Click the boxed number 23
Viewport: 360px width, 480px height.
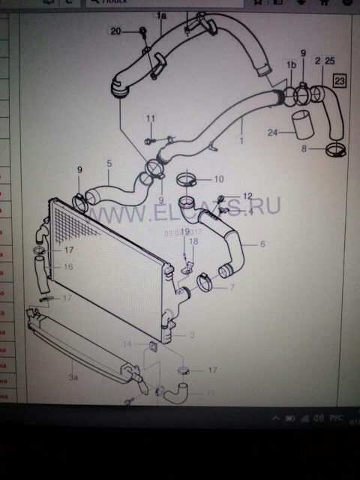coord(340,79)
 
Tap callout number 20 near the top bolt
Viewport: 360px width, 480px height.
coord(115,31)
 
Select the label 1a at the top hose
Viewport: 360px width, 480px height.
coord(161,15)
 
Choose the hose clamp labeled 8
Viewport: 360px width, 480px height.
coord(335,151)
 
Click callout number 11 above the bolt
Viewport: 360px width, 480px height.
coord(151,118)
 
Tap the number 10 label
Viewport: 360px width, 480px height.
coord(218,179)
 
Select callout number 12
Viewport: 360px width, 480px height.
coord(248,196)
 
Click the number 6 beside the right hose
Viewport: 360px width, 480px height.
coord(262,244)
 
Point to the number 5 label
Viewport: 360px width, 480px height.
coord(109,163)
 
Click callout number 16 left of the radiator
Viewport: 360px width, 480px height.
coord(67,266)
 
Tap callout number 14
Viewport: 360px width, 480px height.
coord(127,343)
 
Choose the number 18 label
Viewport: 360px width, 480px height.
coord(193,241)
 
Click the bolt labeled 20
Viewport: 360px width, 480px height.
coord(142,31)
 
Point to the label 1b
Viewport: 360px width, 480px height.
coord(289,65)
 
